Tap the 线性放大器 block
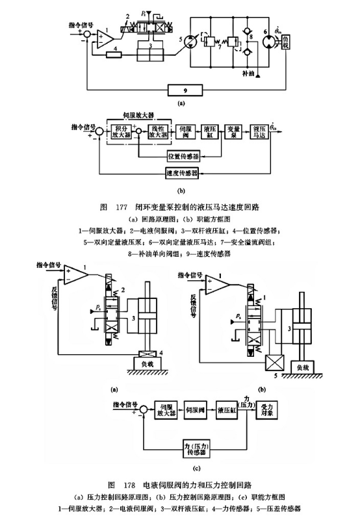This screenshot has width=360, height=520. coord(158,132)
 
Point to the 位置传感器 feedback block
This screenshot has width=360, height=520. coord(183,156)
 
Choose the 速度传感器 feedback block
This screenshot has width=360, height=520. coord(183,174)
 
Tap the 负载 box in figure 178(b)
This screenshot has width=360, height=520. coord(303,367)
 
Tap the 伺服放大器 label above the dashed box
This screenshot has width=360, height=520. coord(141,117)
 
